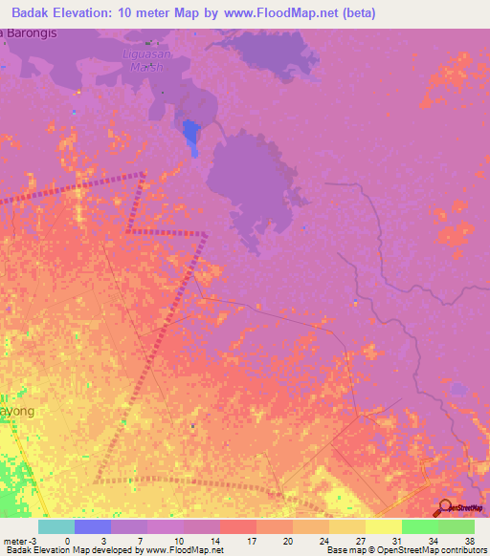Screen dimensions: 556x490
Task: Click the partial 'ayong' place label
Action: pos(17,411)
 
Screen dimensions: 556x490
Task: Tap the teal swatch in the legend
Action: pos(56,526)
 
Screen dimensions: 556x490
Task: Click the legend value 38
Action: pos(468,541)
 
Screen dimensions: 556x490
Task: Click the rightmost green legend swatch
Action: pos(457,526)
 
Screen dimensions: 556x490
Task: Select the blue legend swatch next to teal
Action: pos(93,526)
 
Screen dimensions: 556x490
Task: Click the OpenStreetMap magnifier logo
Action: pos(444,507)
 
